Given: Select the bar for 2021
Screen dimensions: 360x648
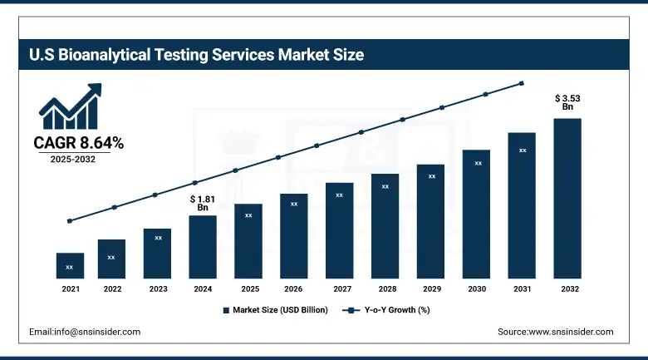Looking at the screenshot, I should (70, 265).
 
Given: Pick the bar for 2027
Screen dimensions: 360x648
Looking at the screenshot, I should (339, 230).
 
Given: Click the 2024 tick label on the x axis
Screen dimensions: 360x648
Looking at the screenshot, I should (203, 289).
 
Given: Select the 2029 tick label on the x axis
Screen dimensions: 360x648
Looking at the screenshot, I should (431, 289).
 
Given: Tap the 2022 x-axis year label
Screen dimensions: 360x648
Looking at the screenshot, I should (111, 289).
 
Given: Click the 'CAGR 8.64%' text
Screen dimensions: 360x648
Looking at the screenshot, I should (78, 143).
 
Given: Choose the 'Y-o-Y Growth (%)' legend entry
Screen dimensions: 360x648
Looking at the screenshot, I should (387, 310).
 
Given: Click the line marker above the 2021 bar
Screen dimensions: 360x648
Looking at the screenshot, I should (70, 221).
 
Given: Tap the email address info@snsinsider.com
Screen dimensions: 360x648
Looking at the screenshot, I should (85, 332).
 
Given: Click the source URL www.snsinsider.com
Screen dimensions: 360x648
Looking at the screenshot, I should (556, 332).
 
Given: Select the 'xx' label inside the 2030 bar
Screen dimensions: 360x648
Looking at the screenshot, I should (478, 163).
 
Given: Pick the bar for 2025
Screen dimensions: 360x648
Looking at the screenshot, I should (248, 241).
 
